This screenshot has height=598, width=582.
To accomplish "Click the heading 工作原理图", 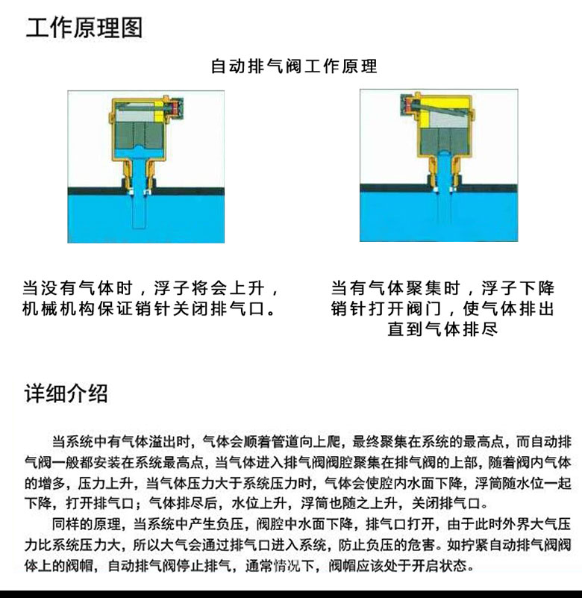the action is click(84, 28).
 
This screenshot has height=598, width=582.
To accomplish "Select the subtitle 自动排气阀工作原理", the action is click(294, 66).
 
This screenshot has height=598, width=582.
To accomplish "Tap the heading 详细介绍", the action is click(66, 393).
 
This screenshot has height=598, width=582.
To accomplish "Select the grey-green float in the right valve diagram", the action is click(445, 140).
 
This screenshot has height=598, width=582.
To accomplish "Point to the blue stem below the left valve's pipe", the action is click(139, 209).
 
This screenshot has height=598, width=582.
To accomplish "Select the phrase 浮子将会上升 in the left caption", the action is click(209, 288).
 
